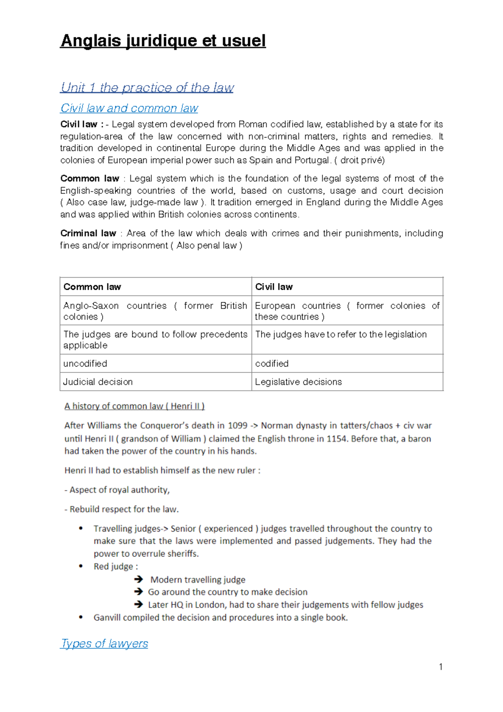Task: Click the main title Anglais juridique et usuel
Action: pyautogui.click(x=163, y=41)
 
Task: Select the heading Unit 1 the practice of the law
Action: pyautogui.click(x=147, y=87)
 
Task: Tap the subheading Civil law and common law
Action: pyautogui.click(x=129, y=108)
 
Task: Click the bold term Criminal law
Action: pyautogui.click(x=88, y=233)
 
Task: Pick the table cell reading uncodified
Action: pyautogui.click(x=85, y=364)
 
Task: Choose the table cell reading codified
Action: pyautogui.click(x=272, y=364)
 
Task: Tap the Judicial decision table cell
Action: pyautogui.click(x=98, y=382)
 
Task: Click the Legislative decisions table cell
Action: pyautogui.click(x=298, y=382)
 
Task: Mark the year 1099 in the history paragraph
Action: pyautogui.click(x=237, y=426)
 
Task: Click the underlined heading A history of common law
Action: pyautogui.click(x=134, y=406)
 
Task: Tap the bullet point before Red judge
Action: pyautogui.click(x=81, y=566)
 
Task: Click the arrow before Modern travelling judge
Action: pyautogui.click(x=138, y=579)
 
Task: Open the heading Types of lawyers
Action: pyautogui.click(x=104, y=643)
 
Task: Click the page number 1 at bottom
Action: pyautogui.click(x=441, y=667)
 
